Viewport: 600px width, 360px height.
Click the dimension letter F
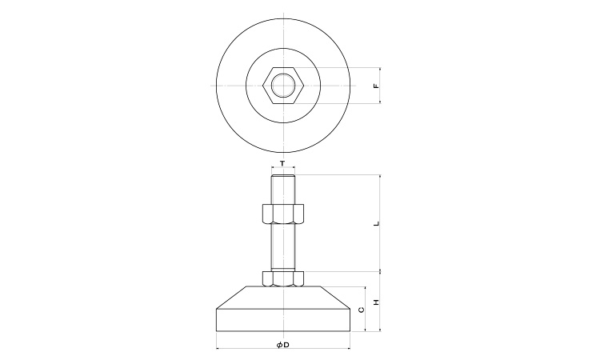click(376, 86)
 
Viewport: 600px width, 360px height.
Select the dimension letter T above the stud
click(282, 164)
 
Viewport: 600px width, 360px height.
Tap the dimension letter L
click(376, 223)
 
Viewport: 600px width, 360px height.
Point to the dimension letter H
click(376, 302)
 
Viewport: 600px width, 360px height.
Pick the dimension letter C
click(362, 310)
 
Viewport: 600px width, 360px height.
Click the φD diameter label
click(282, 345)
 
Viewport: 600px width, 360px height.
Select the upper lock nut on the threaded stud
click(283, 214)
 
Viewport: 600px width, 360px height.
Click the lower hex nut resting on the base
click(283, 278)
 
